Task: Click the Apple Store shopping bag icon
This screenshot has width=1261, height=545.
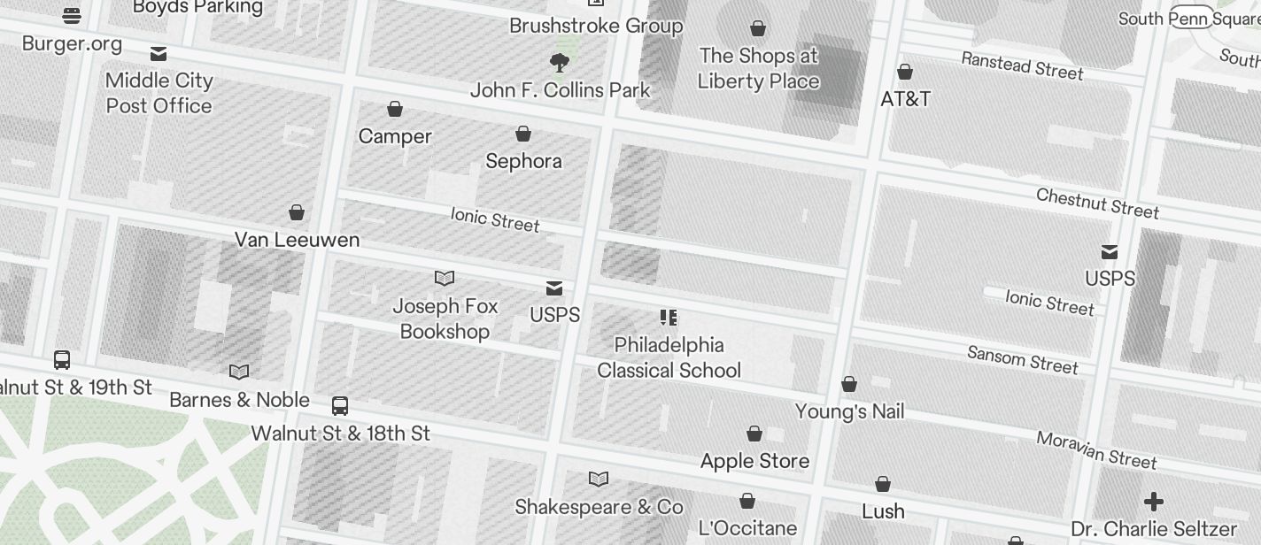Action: tap(754, 434)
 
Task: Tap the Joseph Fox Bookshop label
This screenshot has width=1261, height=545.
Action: tap(445, 319)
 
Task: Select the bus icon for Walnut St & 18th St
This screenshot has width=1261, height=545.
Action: tap(340, 406)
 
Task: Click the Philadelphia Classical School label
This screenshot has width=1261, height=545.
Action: tap(669, 357)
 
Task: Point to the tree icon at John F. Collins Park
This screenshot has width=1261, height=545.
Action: tap(559, 62)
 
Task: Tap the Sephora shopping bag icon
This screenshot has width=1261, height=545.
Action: tap(523, 134)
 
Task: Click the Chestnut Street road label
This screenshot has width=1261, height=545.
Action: tap(1097, 203)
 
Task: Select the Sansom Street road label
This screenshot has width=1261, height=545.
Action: tap(1023, 359)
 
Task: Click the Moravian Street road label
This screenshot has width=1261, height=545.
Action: tap(1096, 450)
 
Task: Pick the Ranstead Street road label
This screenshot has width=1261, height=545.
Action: tap(1022, 65)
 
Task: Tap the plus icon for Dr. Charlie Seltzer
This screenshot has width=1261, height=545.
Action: tap(1153, 503)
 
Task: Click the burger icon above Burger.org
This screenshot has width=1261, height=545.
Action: tap(72, 15)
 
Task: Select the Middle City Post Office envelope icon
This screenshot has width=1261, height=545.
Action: tap(159, 54)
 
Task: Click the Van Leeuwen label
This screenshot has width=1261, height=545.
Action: tap(297, 240)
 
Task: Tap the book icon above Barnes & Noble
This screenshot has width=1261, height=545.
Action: tap(239, 372)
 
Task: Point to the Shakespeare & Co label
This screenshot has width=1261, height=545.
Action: tap(599, 507)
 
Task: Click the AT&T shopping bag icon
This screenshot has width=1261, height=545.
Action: tap(905, 72)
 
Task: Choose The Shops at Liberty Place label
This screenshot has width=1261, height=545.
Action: tap(758, 68)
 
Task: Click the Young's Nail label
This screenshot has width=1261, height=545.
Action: tap(849, 411)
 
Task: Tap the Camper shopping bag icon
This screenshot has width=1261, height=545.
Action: tap(395, 109)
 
